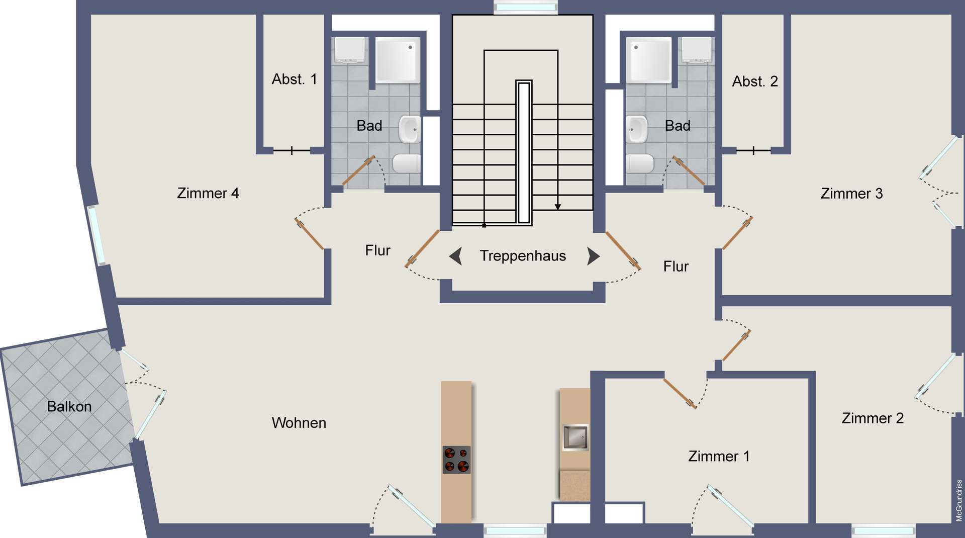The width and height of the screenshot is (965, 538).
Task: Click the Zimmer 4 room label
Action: coord(208,193)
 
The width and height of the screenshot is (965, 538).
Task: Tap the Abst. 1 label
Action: coord(295,79)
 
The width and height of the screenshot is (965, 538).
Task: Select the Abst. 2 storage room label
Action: coord(755,81)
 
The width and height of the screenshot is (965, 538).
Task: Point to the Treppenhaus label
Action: coord(523,256)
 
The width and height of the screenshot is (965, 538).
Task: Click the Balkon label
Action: coord(69,406)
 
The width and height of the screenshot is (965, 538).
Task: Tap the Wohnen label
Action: coord(299,423)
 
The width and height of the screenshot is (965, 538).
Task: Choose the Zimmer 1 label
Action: coord(719,456)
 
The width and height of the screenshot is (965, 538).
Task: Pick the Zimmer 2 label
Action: coord(873,418)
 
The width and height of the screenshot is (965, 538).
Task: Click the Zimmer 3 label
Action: coord(851,194)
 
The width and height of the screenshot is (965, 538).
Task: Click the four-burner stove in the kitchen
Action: coord(456,460)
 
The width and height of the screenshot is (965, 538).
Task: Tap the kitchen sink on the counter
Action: coord(575,437)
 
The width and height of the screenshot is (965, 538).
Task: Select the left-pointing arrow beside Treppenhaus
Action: coord(456,256)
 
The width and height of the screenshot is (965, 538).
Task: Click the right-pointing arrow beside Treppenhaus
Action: coord(594,256)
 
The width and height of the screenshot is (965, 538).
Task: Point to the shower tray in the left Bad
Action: coord(398,60)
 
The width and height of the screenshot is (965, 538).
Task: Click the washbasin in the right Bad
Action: coord(637,129)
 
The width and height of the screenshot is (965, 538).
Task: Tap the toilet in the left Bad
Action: coord(406,163)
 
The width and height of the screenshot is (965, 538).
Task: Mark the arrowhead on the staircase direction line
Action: coord(557,207)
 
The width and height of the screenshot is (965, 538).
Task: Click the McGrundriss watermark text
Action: coord(959,500)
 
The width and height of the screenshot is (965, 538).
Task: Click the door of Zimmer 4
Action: coord(309,234)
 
